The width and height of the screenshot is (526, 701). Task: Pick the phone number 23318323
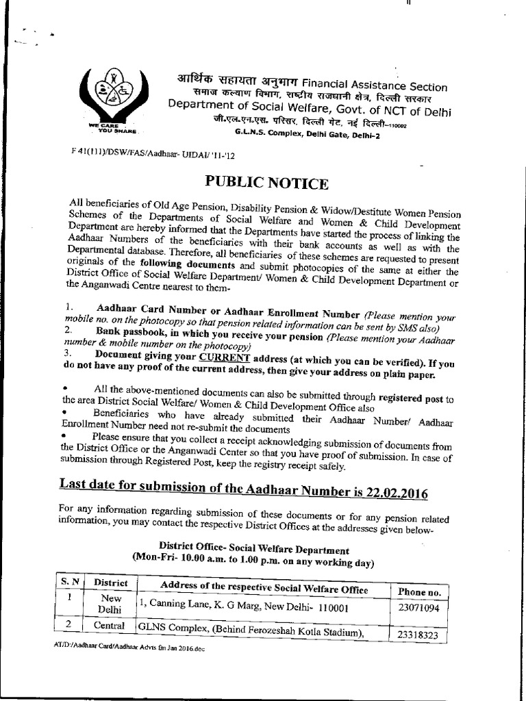(x=418, y=635)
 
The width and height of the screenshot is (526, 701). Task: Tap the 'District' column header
(x=111, y=583)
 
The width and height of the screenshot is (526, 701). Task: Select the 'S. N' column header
(x=70, y=581)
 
